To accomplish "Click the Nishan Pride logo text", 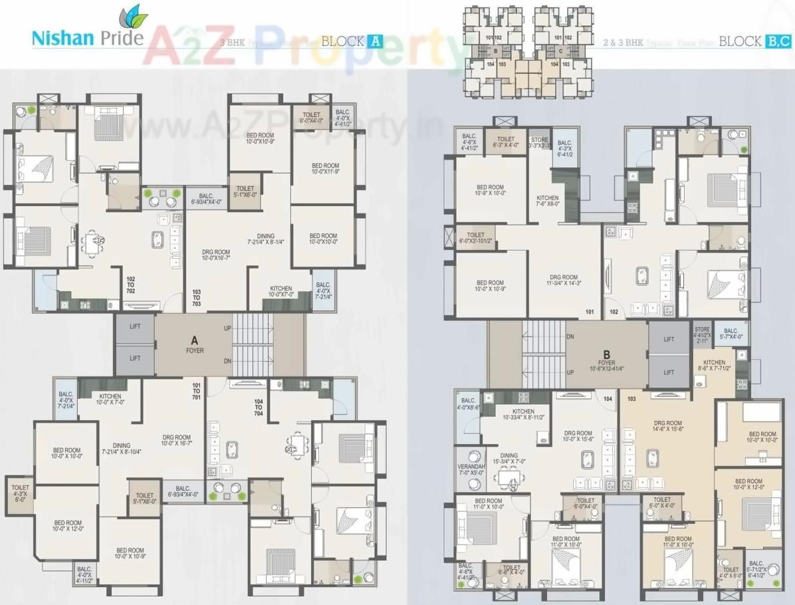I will [87, 37].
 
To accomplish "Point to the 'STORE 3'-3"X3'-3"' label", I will [540, 143].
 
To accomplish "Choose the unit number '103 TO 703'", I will [197, 297].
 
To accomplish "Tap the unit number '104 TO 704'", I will [259, 407].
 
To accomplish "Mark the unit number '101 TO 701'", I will [196, 391].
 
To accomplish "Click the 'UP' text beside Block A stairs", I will [227, 328].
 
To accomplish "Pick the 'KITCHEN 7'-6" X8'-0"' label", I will [548, 201].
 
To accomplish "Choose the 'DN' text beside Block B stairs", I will [570, 337].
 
